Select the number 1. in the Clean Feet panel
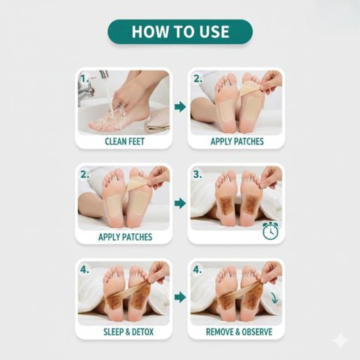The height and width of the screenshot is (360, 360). coord(85,79)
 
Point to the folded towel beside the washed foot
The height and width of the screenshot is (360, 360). coord(158,121)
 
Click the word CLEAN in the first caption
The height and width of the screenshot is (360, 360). coord(116,142)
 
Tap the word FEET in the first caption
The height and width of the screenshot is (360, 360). coord(136,142)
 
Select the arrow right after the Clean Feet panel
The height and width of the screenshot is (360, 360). coord(180,106)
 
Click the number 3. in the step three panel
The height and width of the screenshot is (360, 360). coord(197,175)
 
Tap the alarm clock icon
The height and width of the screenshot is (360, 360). coord(270,230)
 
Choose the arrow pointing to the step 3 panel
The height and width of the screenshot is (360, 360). coord(180,203)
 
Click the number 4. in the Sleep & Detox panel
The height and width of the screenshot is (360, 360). coord(85,270)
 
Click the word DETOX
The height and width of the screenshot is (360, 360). coord(142,332)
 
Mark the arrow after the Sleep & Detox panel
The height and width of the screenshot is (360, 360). coord(180,297)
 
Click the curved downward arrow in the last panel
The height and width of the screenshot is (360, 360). coord(275,298)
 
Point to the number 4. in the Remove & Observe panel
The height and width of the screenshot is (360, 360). coord(197,270)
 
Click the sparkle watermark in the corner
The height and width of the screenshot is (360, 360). coord(340,340)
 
